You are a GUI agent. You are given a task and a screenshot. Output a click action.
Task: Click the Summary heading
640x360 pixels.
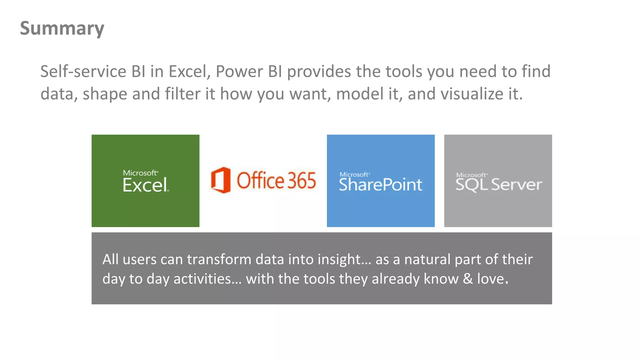pyautogui.click(x=62, y=28)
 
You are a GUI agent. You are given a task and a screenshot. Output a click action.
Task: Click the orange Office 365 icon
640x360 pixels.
pyautogui.click(x=221, y=180)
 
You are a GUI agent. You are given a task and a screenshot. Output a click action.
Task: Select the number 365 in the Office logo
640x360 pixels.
pyautogui.click(x=302, y=181)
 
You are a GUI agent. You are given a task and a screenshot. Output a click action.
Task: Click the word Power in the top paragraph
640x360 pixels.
pyautogui.click(x=239, y=72)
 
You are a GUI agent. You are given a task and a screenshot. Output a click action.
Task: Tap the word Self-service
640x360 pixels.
pyautogui.click(x=83, y=72)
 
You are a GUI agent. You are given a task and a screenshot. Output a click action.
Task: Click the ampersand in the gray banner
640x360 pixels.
pyautogui.click(x=467, y=279)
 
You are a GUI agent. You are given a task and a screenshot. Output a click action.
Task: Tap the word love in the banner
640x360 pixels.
pyautogui.click(x=491, y=279)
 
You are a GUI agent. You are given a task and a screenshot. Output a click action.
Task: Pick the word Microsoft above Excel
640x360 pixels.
pyautogui.click(x=140, y=173)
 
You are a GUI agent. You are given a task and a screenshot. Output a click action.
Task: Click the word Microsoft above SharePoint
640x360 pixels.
pyautogui.click(x=354, y=174)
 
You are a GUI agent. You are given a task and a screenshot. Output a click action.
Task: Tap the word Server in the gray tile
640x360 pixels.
pyautogui.click(x=516, y=185)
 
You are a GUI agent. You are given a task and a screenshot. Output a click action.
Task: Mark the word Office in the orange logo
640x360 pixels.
pyautogui.click(x=260, y=181)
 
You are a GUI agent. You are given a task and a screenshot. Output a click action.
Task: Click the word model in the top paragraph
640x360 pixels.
pyautogui.click(x=360, y=94)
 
